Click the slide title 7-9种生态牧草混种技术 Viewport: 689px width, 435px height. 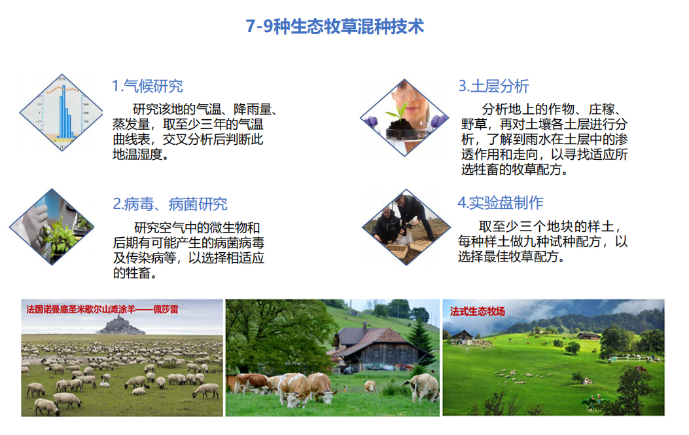(335, 26)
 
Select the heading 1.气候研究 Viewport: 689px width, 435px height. (147, 86)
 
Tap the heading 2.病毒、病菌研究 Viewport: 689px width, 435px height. (170, 204)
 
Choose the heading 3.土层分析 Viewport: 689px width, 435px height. (493, 86)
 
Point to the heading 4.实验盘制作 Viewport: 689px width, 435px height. (501, 202)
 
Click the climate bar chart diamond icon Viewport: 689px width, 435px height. (62, 113)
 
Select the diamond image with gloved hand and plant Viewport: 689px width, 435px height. (52, 227)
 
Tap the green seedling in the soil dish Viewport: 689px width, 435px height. (400, 111)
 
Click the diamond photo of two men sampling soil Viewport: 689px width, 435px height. (406, 227)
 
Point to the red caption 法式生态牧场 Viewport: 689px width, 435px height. (478, 311)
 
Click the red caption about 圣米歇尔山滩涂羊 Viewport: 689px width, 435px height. (102, 309)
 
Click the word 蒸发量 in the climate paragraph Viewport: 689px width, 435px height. (132, 124)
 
